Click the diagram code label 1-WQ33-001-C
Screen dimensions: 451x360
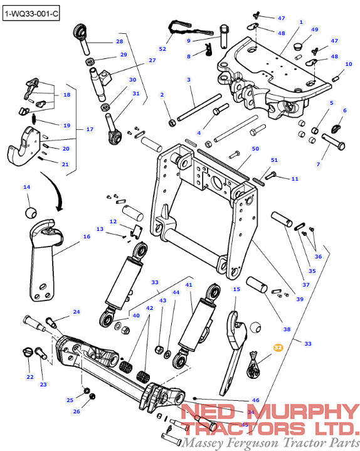[31, 13]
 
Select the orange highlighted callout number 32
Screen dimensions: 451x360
[278, 346]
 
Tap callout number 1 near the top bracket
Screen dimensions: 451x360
[301, 22]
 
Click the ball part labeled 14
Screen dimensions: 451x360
[29, 211]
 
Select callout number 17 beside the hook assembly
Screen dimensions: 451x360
[90, 129]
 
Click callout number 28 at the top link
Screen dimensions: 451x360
[119, 41]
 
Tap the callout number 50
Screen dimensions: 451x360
[255, 149]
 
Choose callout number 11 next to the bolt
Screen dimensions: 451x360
[295, 179]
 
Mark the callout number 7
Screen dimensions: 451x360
[318, 164]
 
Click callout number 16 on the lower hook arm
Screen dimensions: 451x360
[87, 236]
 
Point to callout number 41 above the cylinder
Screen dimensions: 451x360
[189, 285]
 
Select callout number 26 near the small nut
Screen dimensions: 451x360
[77, 411]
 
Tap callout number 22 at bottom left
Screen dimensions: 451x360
[29, 377]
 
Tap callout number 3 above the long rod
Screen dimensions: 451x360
[188, 80]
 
